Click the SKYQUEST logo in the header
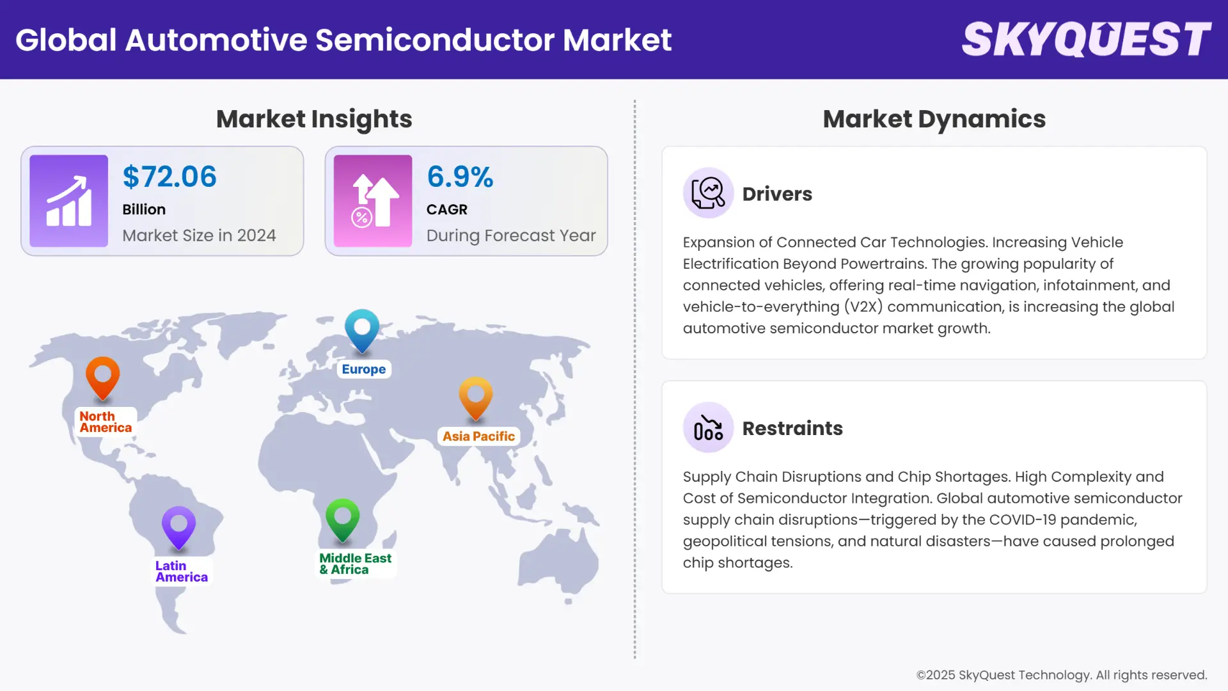tap(1086, 40)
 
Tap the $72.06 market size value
tap(169, 177)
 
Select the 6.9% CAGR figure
tap(460, 177)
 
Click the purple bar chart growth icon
tap(69, 201)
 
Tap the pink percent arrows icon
tap(373, 201)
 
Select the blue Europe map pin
tap(362, 329)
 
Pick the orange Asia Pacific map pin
tap(475, 397)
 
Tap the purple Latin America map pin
tap(178, 526)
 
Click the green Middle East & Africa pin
tap(342, 518)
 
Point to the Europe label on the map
tap(363, 369)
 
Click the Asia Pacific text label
tap(478, 436)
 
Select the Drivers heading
tap(777, 194)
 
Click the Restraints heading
tap(792, 428)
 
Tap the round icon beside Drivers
tap(708, 193)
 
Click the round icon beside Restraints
tap(708, 427)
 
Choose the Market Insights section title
tap(314, 119)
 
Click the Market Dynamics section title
tap(934, 119)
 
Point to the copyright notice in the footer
tap(1061, 675)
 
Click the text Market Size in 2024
tap(199, 235)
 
